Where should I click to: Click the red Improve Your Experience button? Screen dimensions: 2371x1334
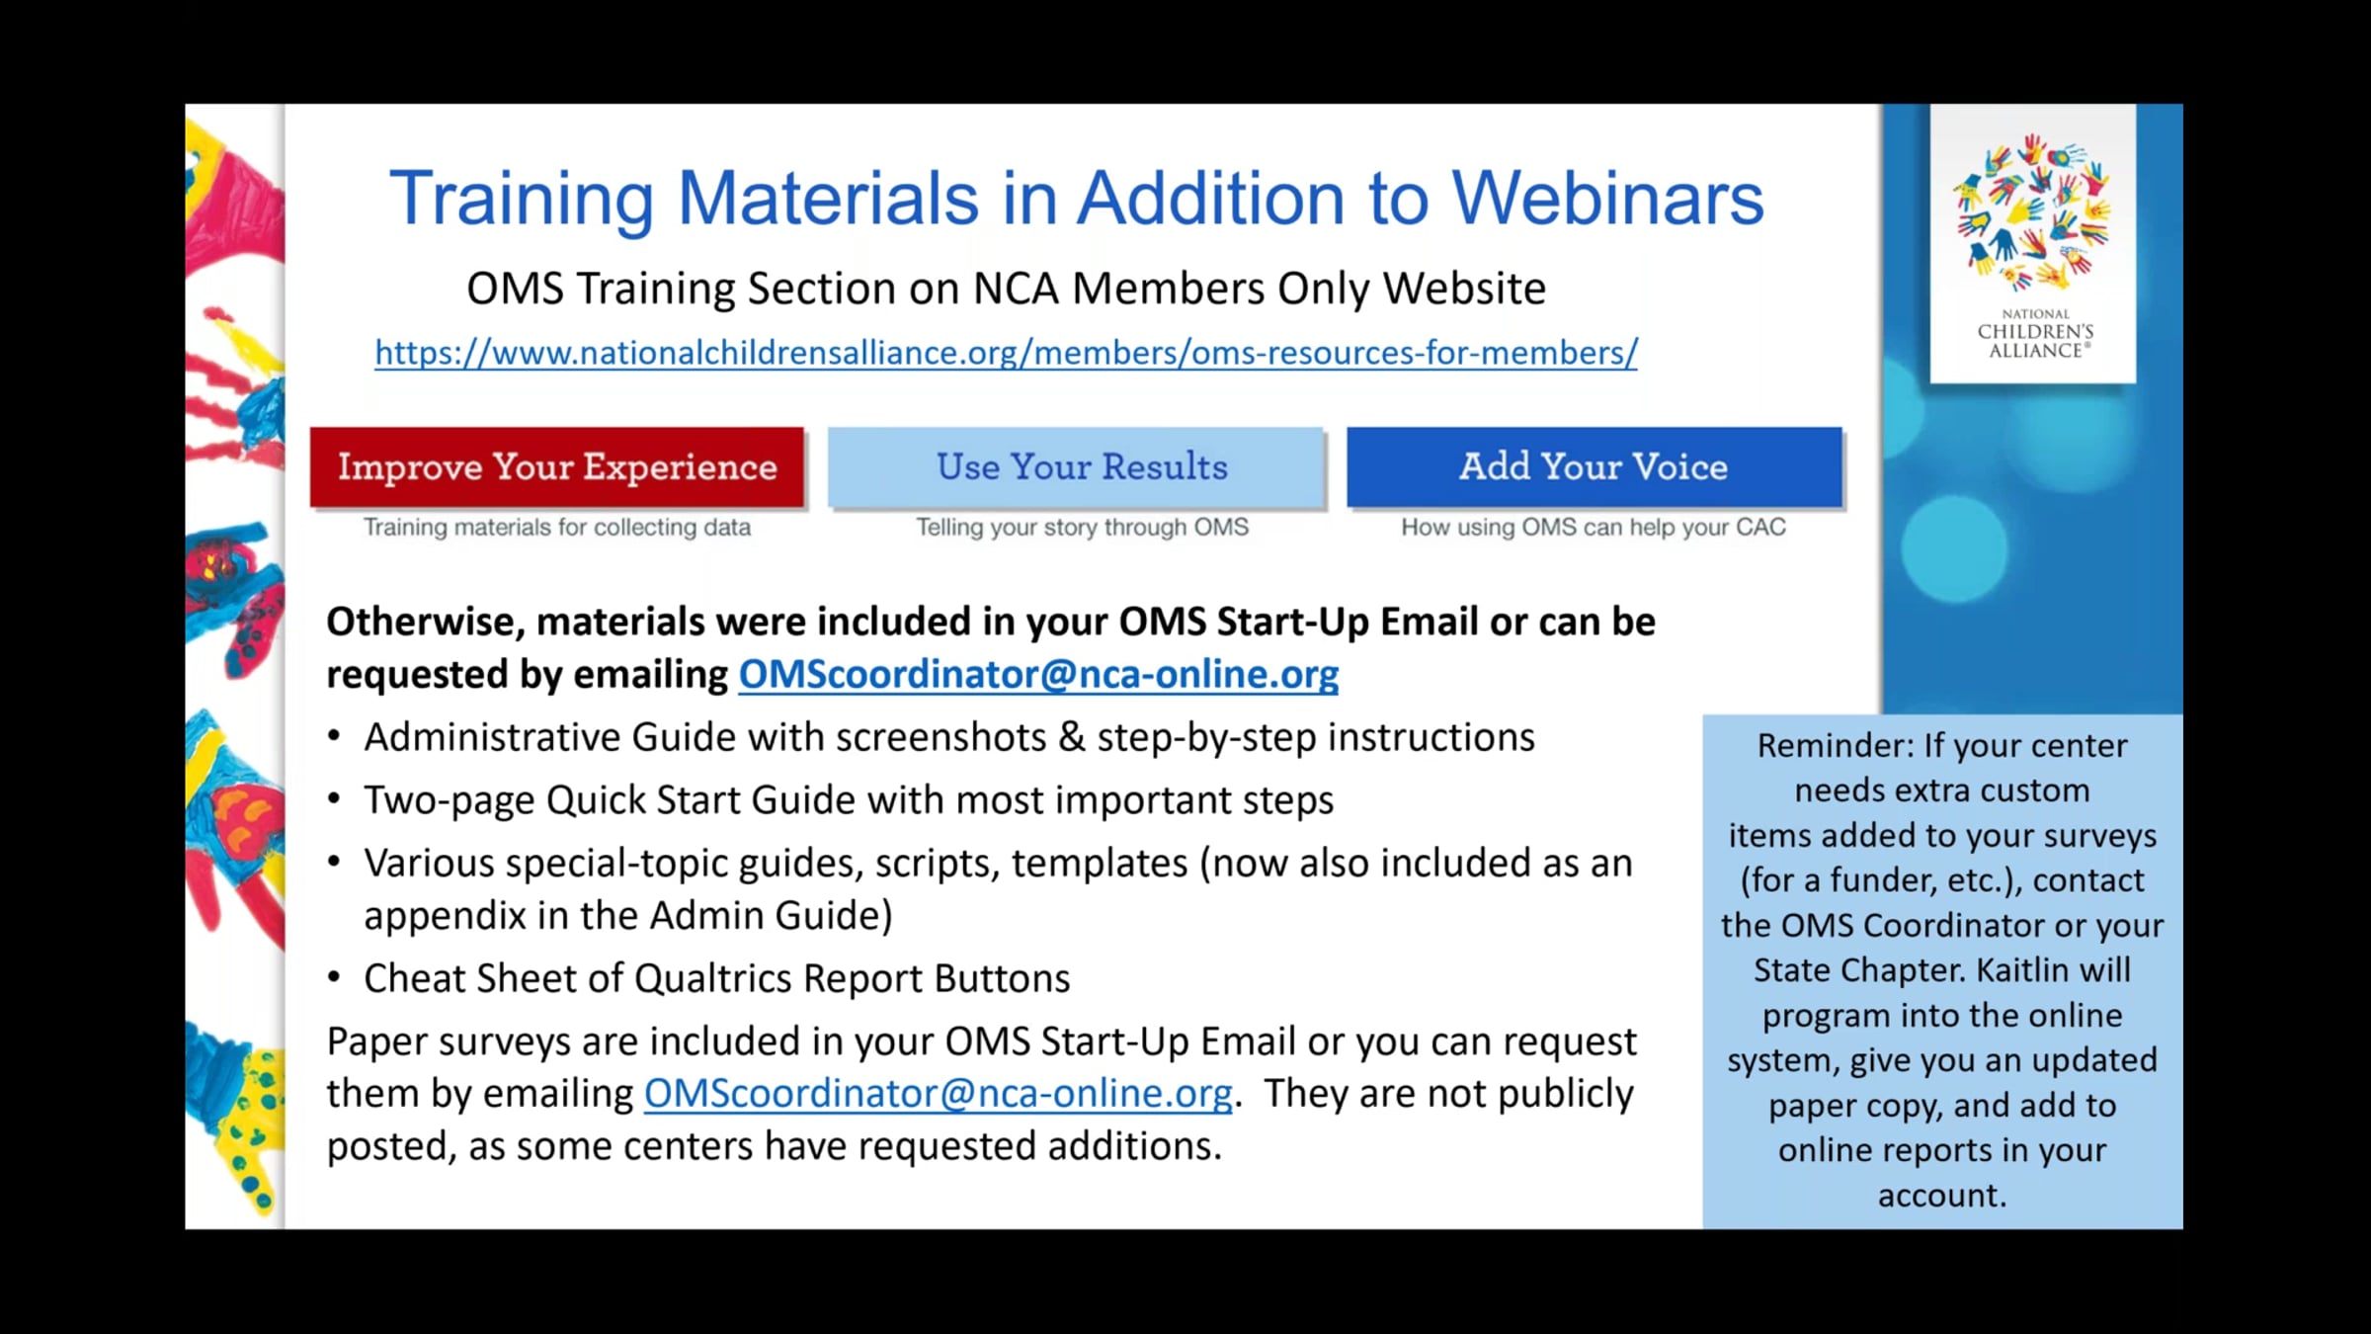coord(557,467)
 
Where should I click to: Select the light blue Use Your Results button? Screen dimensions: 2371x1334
coord(1076,467)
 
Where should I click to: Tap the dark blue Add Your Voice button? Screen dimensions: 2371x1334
coord(1594,467)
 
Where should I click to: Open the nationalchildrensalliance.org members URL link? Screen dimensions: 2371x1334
coord(1006,353)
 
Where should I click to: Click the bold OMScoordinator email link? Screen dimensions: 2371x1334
coord(1038,674)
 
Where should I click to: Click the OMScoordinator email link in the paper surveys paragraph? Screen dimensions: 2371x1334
coord(939,1093)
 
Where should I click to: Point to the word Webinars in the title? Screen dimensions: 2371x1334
coord(1607,199)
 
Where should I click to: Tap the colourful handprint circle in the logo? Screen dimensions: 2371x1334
coord(2034,212)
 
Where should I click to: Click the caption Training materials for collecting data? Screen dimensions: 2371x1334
coord(557,528)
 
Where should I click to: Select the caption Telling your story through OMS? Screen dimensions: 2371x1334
coord(1083,528)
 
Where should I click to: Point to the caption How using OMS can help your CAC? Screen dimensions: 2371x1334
coord(1594,528)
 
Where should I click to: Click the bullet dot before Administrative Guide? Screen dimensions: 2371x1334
coord(334,736)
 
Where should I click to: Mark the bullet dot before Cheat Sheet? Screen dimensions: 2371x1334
coord(334,977)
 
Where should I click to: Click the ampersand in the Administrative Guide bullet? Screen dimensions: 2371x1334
coord(1072,737)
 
